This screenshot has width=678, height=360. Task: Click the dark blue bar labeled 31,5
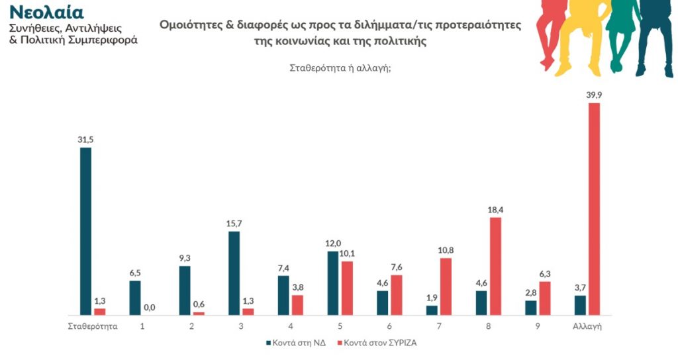pos(85,231)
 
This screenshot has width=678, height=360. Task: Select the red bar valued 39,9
pos(594,209)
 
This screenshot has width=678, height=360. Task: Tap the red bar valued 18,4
pos(495,266)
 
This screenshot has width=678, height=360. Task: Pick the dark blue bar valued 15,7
pos(234,273)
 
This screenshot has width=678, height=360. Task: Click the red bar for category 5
pos(347,288)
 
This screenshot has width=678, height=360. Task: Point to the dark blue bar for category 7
pos(432,310)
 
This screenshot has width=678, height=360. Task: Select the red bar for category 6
pos(397,294)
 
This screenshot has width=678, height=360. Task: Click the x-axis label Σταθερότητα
pos(93,326)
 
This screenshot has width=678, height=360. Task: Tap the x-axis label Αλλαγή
pos(587,326)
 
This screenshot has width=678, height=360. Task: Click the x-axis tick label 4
pos(291,326)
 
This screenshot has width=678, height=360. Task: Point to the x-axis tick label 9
pos(538,326)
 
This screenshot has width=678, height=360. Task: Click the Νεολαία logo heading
pos(46,13)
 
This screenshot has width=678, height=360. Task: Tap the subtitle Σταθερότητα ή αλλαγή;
pos(340,67)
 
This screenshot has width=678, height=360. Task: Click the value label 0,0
pos(149,307)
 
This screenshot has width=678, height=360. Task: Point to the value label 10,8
pos(446,250)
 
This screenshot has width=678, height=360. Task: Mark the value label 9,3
pos(185,258)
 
